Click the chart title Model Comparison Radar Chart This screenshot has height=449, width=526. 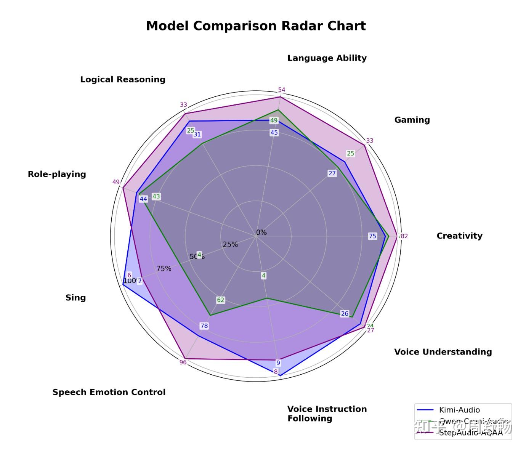point(256,26)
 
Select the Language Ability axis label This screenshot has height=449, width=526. point(327,58)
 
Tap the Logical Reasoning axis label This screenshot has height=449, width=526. point(122,79)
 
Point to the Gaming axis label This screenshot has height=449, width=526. point(412,120)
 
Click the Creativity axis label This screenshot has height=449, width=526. point(459,236)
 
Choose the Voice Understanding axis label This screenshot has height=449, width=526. point(443,351)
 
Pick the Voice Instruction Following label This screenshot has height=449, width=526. point(327,414)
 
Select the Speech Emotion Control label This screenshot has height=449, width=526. point(109,392)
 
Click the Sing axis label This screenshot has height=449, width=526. point(75,297)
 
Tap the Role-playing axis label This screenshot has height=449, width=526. point(57,174)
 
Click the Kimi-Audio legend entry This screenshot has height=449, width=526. point(459,410)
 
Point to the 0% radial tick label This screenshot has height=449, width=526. point(261,232)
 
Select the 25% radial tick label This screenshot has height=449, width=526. point(230,244)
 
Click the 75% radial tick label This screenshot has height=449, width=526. point(164,269)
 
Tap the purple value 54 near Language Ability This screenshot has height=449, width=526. point(281,90)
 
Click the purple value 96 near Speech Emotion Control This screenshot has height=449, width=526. point(183,362)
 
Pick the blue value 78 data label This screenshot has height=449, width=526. point(204,326)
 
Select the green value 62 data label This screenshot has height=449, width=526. point(221,300)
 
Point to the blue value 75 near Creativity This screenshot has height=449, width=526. point(372,236)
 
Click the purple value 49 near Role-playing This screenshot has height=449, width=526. point(116,182)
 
